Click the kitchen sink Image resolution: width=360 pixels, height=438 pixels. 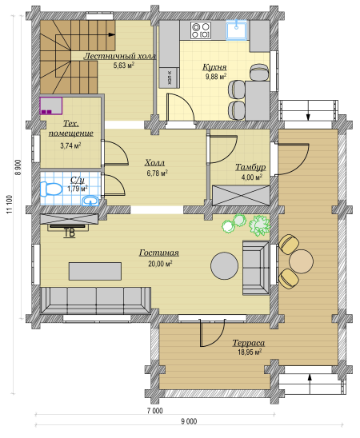(x=237, y=30)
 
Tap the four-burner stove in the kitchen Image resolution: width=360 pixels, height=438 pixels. (x=201, y=30)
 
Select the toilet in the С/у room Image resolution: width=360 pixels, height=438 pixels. (x=51, y=189)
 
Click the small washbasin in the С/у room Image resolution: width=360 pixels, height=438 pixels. (x=90, y=201)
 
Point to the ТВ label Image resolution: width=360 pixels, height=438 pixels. (x=70, y=233)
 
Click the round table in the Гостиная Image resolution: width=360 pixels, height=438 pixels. (x=225, y=265)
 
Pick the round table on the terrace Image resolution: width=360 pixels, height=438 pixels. (x=302, y=261)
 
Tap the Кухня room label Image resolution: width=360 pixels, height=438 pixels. (x=214, y=67)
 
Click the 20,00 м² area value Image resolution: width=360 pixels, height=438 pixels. (x=160, y=264)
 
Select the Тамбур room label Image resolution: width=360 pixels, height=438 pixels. (x=250, y=167)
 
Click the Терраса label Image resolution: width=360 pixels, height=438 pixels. (x=249, y=343)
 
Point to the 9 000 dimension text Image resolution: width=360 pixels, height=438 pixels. (x=189, y=421)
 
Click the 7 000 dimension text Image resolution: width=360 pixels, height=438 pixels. (x=155, y=411)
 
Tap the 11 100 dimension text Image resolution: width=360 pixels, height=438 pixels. (x=10, y=204)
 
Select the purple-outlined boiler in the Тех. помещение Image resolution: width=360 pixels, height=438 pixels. (x=51, y=106)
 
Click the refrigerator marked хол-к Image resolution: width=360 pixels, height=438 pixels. (x=170, y=78)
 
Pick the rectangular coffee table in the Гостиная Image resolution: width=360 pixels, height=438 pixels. (x=95, y=271)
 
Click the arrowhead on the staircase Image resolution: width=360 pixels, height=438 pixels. (x=111, y=34)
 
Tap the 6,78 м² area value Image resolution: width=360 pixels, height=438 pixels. (x=157, y=173)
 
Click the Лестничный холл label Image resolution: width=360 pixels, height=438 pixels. (x=120, y=56)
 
